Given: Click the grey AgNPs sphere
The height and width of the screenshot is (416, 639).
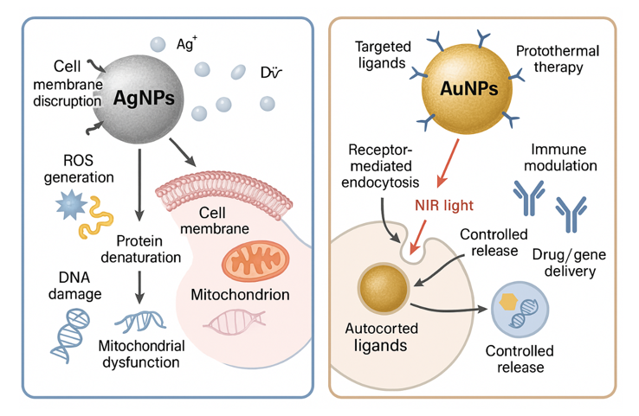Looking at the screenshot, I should [x=144, y=96].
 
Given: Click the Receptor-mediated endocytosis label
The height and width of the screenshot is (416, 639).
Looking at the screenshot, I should [x=378, y=167].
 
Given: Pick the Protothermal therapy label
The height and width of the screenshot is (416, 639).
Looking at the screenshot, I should [x=558, y=59].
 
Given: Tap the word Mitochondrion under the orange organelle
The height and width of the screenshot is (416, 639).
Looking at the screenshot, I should [x=240, y=295].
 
